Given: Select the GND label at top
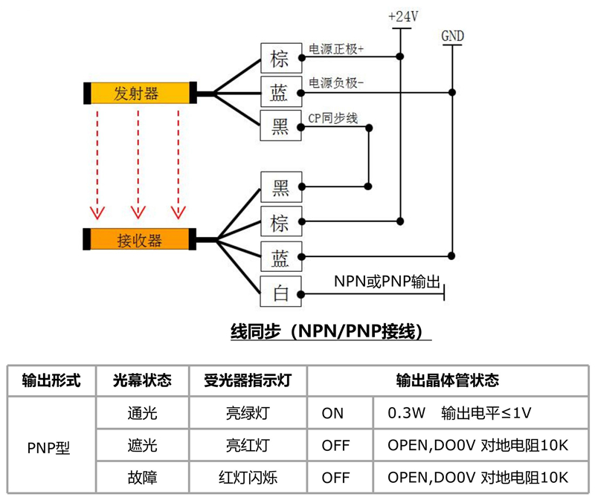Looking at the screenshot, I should coord(452,35).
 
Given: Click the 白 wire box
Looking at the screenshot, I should coord(280,293).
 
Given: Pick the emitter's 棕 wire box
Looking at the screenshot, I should coord(280,58).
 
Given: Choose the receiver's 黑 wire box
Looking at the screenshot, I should coord(280,188).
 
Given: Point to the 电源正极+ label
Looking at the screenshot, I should coord(336,50).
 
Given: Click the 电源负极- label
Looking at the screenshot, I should coord(336,83).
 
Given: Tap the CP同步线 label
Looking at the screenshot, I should coord(333,118).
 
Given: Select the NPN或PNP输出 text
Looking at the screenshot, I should coord(387,282).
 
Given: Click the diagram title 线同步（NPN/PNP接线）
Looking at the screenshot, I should coord(331,331).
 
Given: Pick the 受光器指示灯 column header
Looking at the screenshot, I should coord(247,380).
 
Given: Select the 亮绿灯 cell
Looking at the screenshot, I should coord(247,413).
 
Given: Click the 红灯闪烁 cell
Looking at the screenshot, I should coord(247,478).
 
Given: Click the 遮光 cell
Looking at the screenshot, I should coord(142,446).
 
